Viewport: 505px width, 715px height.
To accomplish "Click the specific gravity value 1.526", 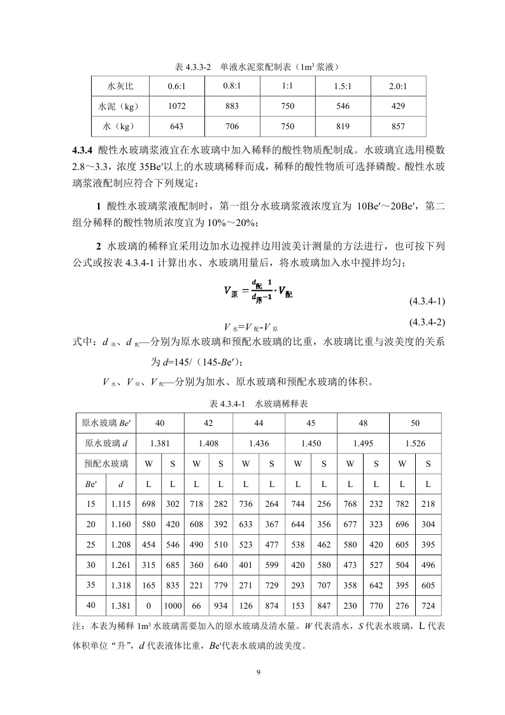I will pyautogui.click(x=415, y=443).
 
